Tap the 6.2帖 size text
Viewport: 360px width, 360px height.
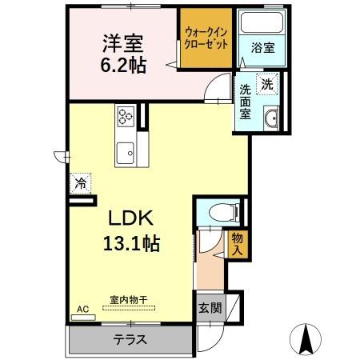point(123,66)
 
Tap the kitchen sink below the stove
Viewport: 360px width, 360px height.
point(126,150)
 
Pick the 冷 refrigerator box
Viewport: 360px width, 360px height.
point(81,184)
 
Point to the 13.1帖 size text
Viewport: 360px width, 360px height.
point(130,242)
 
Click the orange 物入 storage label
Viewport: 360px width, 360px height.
point(238,244)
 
